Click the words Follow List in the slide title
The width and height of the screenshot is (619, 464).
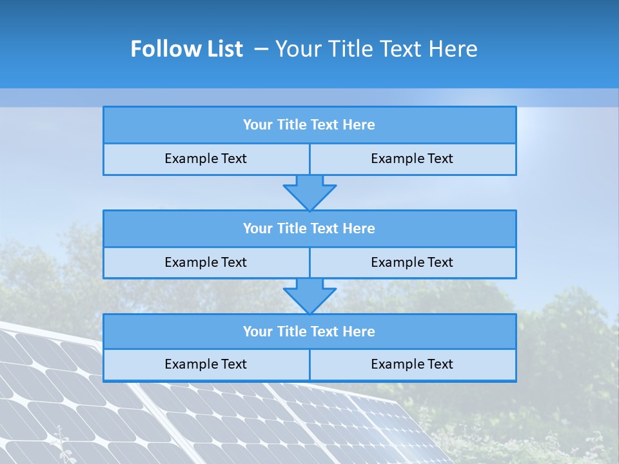tap(186, 49)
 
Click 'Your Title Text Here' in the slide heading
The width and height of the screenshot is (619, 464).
tap(376, 49)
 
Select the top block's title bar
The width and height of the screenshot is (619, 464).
tap(309, 125)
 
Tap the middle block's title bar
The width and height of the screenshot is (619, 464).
tap(309, 228)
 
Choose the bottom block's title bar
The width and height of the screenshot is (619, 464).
tap(309, 331)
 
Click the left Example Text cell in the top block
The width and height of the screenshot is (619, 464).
tap(206, 159)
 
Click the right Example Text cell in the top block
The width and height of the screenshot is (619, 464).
tap(412, 159)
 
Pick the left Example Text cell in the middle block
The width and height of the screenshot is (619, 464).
tap(206, 262)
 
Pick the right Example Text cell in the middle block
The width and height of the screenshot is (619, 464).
tap(412, 262)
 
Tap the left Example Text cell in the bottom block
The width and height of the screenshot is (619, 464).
tap(206, 364)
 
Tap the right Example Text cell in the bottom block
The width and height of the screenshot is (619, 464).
tap(412, 364)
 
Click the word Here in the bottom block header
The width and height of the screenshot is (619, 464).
tap(359, 331)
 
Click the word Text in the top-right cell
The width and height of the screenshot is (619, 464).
tap(440, 159)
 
